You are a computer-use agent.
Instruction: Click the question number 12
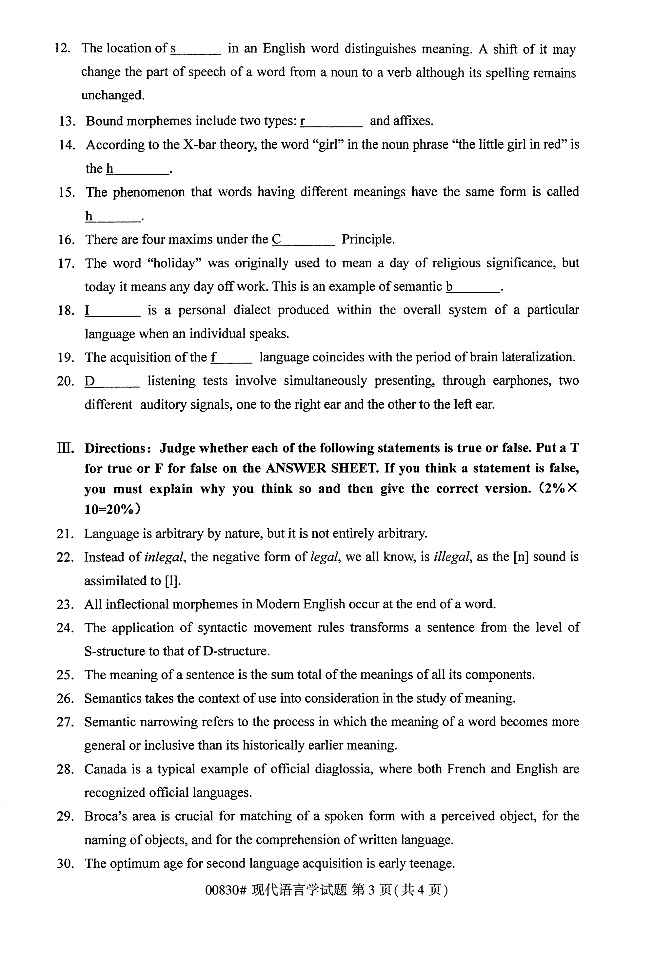click(x=62, y=48)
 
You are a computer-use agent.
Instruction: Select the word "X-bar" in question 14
click(x=199, y=145)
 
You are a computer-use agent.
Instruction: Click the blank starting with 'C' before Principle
click(x=303, y=240)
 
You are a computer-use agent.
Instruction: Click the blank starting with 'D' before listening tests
click(x=112, y=381)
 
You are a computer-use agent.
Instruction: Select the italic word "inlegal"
click(x=164, y=557)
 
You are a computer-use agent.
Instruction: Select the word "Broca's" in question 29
click(x=105, y=817)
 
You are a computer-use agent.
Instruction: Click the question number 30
click(x=65, y=864)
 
